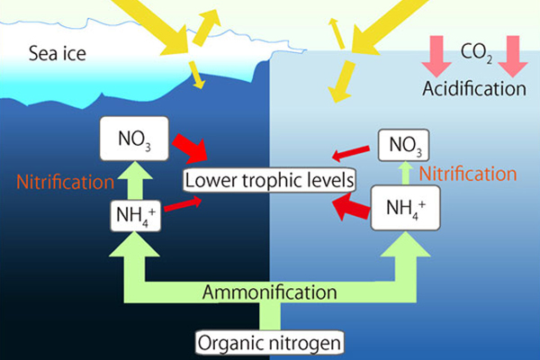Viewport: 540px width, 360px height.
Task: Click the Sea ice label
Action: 58,53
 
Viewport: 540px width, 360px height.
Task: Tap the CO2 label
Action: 476,53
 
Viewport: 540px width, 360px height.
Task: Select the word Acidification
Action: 474,88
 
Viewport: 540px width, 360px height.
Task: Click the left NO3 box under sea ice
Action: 134,139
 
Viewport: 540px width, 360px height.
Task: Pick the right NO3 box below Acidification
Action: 403,145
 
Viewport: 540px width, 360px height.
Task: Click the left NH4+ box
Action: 136,216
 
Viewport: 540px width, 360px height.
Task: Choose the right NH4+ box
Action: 405,208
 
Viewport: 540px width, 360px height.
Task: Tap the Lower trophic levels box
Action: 269,180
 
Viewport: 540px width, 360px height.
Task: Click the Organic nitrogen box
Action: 270,343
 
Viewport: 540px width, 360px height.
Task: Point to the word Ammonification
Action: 270,292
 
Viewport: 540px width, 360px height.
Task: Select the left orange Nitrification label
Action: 66,182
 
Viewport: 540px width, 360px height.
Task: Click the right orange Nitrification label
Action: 468,174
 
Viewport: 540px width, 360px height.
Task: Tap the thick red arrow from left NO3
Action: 190,148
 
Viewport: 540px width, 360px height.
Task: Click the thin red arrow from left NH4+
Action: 184,203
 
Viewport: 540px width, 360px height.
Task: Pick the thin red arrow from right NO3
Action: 351,153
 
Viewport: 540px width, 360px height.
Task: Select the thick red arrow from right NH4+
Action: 351,206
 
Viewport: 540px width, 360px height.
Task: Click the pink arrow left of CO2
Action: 436,56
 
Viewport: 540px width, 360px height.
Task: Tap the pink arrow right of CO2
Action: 513,56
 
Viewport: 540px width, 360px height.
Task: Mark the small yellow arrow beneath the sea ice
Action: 197,75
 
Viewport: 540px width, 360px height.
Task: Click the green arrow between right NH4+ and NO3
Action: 406,173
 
